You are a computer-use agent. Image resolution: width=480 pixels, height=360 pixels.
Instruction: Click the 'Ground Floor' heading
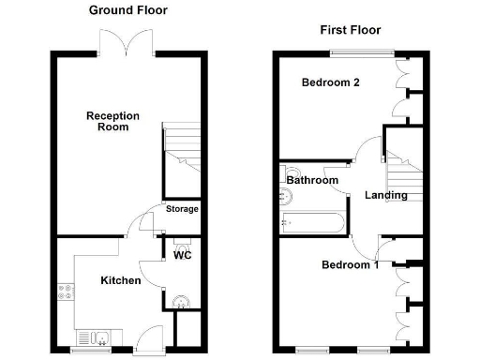tap(127, 10)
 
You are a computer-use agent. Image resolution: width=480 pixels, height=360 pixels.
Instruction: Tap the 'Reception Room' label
tap(113, 122)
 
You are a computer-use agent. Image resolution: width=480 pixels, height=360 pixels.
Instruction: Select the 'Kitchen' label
tap(121, 280)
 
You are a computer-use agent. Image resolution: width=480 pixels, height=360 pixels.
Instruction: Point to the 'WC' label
tap(183, 256)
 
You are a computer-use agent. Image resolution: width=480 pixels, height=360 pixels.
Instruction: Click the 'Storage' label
tap(182, 209)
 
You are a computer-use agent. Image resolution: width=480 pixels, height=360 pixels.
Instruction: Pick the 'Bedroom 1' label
tap(350, 264)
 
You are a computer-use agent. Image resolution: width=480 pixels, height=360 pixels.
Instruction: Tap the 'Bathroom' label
tap(313, 180)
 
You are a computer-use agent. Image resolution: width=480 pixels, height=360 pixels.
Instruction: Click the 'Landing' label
tap(385, 195)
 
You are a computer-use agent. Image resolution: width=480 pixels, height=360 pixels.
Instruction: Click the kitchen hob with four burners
tap(64, 292)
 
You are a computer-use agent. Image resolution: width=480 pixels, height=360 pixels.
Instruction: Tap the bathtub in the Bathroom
tap(313, 222)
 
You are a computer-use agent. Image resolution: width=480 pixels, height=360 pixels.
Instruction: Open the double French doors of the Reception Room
tap(126, 42)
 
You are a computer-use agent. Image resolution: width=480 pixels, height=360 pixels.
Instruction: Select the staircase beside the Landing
tap(405, 169)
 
